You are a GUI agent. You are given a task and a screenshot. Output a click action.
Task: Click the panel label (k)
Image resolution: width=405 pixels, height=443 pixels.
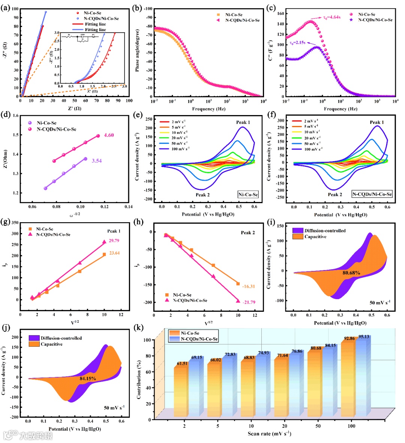(x=138, y=328)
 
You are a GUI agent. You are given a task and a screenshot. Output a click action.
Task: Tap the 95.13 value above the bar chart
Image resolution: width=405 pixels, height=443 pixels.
(x=363, y=337)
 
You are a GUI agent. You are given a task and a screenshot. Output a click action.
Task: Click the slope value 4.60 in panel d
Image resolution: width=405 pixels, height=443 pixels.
(x=109, y=135)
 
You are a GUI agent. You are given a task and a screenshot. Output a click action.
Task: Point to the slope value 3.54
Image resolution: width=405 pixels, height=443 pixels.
(x=97, y=161)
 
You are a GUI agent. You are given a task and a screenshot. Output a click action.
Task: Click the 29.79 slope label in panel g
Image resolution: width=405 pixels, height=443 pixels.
(x=114, y=241)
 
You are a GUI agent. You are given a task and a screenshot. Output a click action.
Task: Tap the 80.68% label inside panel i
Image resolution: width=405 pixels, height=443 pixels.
(x=351, y=273)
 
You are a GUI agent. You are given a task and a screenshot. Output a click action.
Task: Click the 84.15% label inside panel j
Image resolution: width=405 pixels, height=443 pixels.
(x=88, y=379)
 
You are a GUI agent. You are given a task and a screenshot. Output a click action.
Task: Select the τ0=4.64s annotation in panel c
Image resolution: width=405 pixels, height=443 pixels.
(x=331, y=17)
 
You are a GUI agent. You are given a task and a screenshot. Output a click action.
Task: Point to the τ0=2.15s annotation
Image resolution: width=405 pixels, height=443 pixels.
(x=297, y=43)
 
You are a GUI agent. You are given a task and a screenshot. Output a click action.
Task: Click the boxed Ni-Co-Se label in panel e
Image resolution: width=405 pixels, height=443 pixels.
(x=248, y=195)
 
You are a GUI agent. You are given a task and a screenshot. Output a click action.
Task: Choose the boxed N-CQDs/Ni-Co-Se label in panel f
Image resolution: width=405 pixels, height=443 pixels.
(x=372, y=194)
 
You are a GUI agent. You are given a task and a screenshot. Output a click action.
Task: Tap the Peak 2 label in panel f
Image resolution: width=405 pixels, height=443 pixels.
(x=335, y=195)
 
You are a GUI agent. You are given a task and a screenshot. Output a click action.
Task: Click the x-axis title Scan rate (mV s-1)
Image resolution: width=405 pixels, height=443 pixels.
(x=269, y=434)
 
